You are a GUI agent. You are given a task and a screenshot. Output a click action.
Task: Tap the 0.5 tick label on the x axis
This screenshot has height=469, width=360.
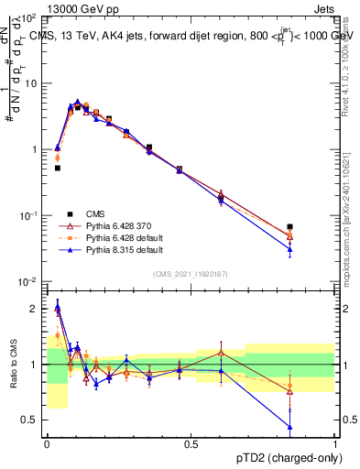(x=191, y=445)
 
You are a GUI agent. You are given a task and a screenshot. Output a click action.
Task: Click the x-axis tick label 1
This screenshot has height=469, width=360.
(x=335, y=445)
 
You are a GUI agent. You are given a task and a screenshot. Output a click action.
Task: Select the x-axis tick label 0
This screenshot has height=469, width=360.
(x=47, y=445)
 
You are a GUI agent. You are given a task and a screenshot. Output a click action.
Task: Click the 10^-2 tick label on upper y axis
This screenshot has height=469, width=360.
(x=28, y=281)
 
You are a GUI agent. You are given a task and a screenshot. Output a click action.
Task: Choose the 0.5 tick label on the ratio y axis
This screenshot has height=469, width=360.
(x=32, y=420)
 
